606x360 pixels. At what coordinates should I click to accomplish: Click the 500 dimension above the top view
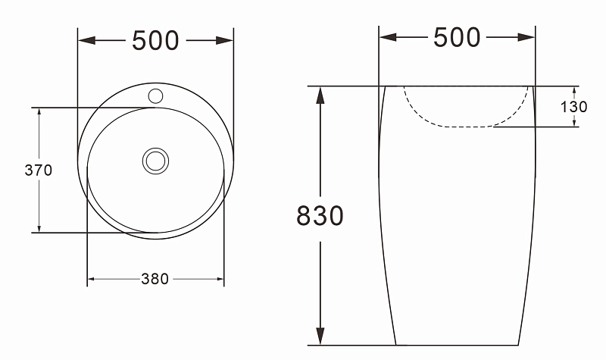(155, 41)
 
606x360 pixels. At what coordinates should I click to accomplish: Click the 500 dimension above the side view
(457, 37)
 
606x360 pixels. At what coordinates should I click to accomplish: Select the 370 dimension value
(39, 170)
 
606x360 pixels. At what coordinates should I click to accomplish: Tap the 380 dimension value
(155, 279)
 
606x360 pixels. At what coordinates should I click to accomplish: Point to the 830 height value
(320, 215)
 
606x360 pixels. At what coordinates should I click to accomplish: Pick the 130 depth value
(573, 107)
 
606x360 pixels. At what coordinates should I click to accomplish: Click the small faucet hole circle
(155, 96)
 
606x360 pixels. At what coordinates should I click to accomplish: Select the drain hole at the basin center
(155, 161)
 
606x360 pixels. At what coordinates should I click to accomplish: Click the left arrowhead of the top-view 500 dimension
(86, 40)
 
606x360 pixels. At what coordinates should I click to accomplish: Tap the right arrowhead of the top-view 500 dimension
(224, 40)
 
